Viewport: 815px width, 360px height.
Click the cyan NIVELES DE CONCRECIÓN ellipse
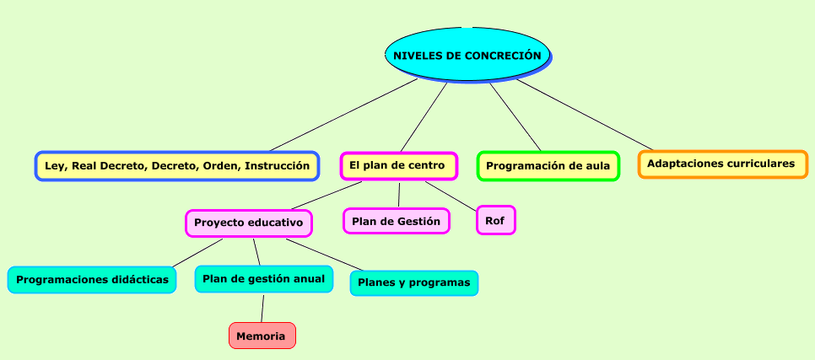(x=467, y=55)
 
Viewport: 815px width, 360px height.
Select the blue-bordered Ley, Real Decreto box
(x=177, y=166)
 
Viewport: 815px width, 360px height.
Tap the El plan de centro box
(x=399, y=166)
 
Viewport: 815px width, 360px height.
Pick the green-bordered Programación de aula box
(x=548, y=166)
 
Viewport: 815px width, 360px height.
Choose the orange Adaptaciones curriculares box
(x=723, y=164)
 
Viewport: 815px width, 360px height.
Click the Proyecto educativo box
(x=248, y=223)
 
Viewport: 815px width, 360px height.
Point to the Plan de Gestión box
(x=396, y=221)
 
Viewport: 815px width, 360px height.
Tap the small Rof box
(x=496, y=220)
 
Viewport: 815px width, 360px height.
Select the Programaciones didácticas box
(x=92, y=279)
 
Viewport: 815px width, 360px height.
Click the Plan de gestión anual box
(x=264, y=279)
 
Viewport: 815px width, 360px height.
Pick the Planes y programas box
(x=414, y=283)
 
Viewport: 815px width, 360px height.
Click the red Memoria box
(x=262, y=336)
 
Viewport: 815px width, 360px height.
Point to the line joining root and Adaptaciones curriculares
(x=585, y=115)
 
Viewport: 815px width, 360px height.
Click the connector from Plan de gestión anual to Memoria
(x=262, y=308)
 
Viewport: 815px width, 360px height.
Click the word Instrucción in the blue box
(x=277, y=166)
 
